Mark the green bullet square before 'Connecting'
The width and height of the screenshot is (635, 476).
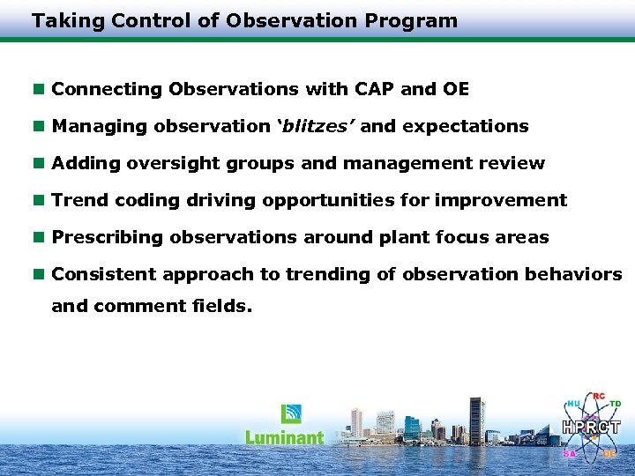click(x=38, y=89)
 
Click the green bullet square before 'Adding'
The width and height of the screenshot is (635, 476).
click(x=38, y=163)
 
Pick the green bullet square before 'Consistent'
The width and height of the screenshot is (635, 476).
click(x=38, y=274)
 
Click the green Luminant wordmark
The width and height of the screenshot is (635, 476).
click(x=284, y=436)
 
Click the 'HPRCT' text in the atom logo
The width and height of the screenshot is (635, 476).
click(x=591, y=428)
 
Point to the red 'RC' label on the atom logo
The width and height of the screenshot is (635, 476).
click(x=599, y=396)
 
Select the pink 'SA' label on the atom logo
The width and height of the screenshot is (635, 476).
click(x=569, y=454)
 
